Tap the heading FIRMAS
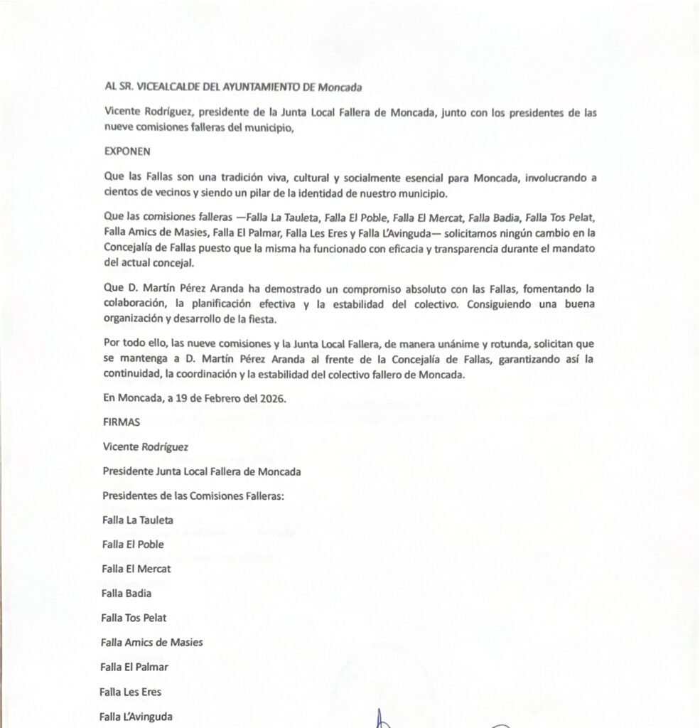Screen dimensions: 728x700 (122, 422)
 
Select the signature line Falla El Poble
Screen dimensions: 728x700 (133, 545)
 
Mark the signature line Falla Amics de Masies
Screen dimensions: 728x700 (151, 642)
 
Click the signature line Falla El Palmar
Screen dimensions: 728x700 (134, 667)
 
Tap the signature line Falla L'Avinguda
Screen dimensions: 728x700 (136, 716)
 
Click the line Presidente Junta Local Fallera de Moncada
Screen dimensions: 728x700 (201, 471)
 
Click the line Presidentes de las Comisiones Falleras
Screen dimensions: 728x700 (193, 496)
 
